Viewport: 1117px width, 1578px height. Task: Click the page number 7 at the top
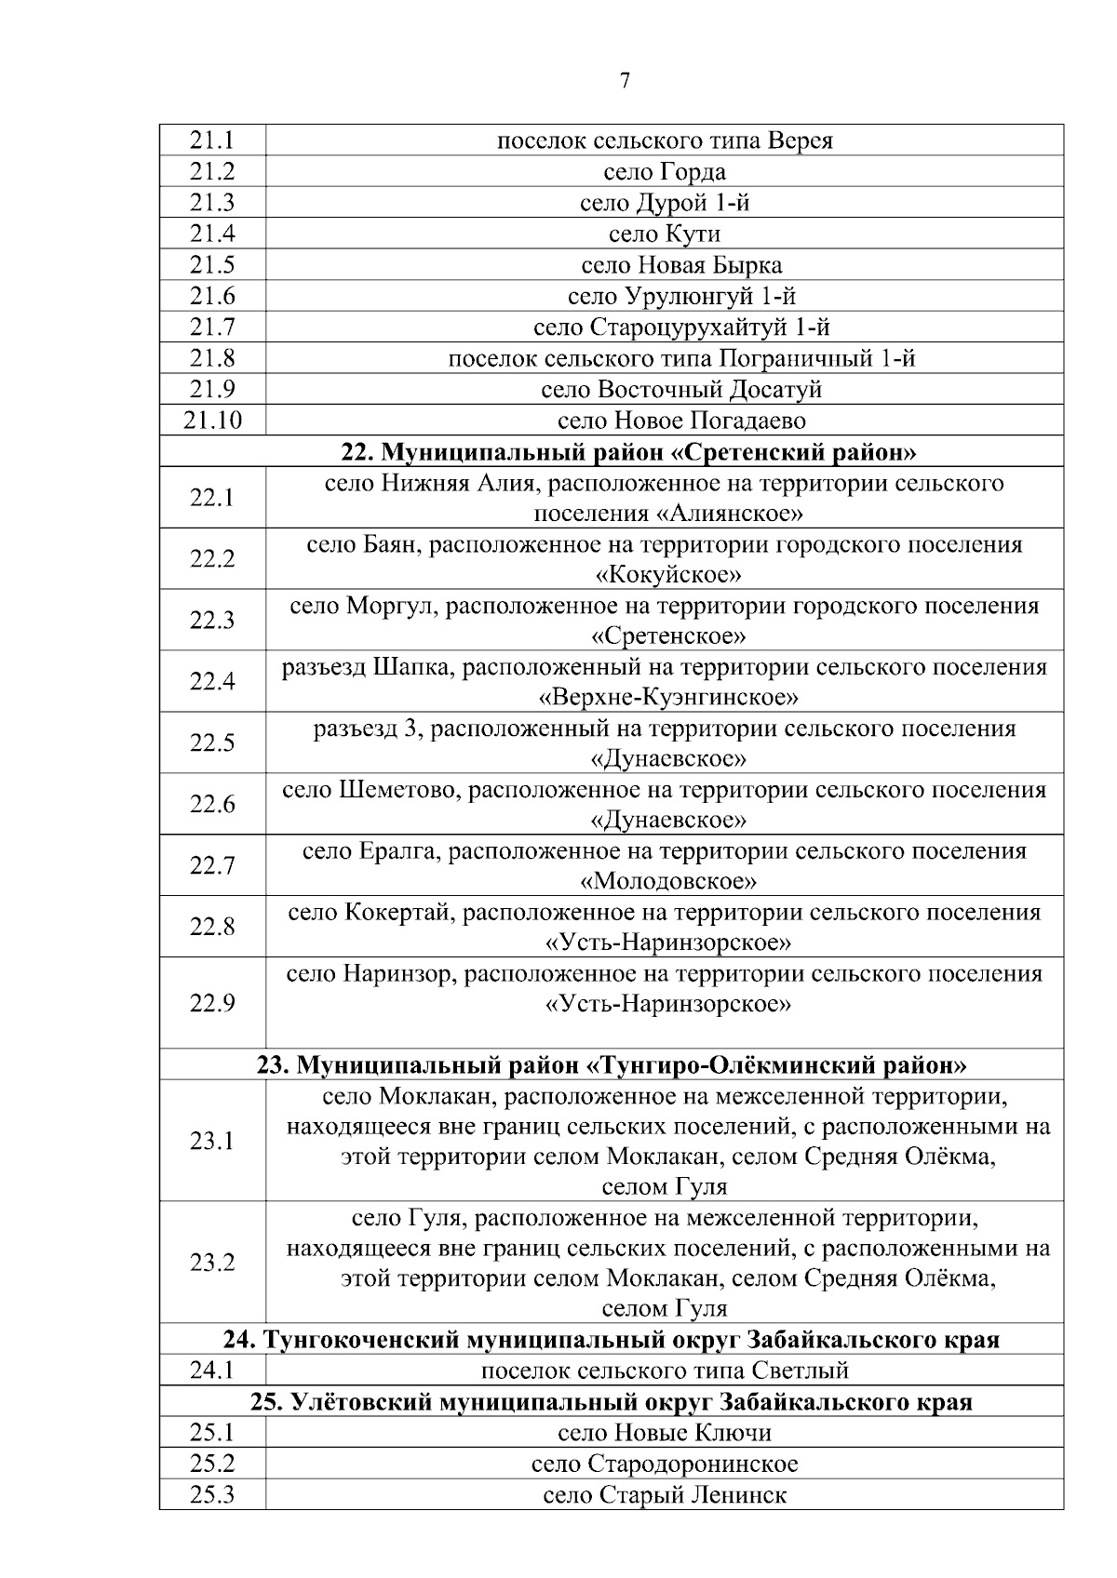(625, 82)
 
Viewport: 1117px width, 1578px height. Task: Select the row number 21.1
(212, 140)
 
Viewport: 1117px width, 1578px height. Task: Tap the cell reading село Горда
(665, 172)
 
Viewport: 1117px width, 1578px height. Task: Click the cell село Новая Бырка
(681, 265)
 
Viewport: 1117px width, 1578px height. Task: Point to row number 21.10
(212, 421)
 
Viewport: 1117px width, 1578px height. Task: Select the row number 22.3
(212, 620)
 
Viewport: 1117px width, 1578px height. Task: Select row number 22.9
(212, 1003)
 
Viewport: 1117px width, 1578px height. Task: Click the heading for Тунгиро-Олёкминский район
(612, 1064)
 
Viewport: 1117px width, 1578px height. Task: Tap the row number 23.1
(212, 1141)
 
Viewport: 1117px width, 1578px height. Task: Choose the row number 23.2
(212, 1263)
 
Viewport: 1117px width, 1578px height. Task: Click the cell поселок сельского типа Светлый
(665, 1371)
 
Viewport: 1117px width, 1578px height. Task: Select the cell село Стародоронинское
(665, 1464)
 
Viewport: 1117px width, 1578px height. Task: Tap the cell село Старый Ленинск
(665, 1495)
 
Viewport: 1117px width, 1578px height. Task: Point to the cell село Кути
(665, 234)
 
